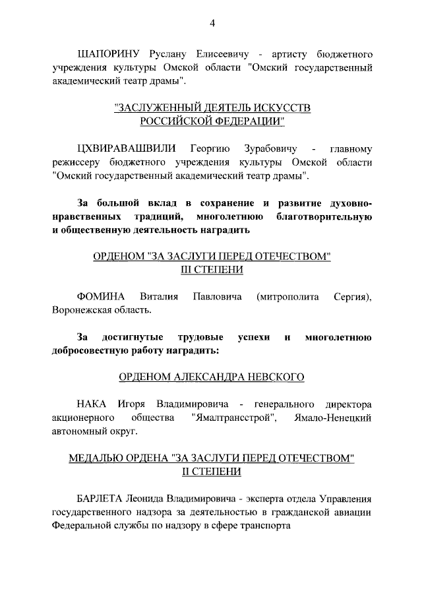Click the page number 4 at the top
click(x=212, y=24)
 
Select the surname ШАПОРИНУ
click(x=107, y=53)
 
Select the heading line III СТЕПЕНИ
click(x=212, y=270)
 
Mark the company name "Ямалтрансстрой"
click(x=233, y=418)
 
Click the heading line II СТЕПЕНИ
click(x=212, y=472)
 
